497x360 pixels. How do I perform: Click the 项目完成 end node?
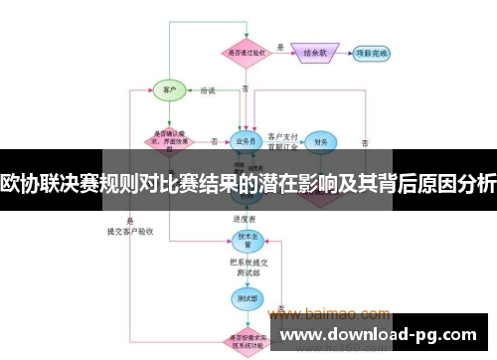pyautogui.click(x=372, y=53)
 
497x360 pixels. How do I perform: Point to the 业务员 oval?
pyautogui.click(x=246, y=141)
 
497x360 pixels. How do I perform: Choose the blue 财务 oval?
pyautogui.click(x=319, y=142)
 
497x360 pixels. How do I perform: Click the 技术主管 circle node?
pyautogui.click(x=245, y=240)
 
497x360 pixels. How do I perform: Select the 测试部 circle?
pyautogui.click(x=245, y=295)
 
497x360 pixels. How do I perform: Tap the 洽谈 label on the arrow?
pyautogui.click(x=207, y=90)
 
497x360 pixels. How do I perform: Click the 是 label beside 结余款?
pyautogui.click(x=280, y=46)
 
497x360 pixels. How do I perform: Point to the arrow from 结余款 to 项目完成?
pyautogui.click(x=344, y=53)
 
